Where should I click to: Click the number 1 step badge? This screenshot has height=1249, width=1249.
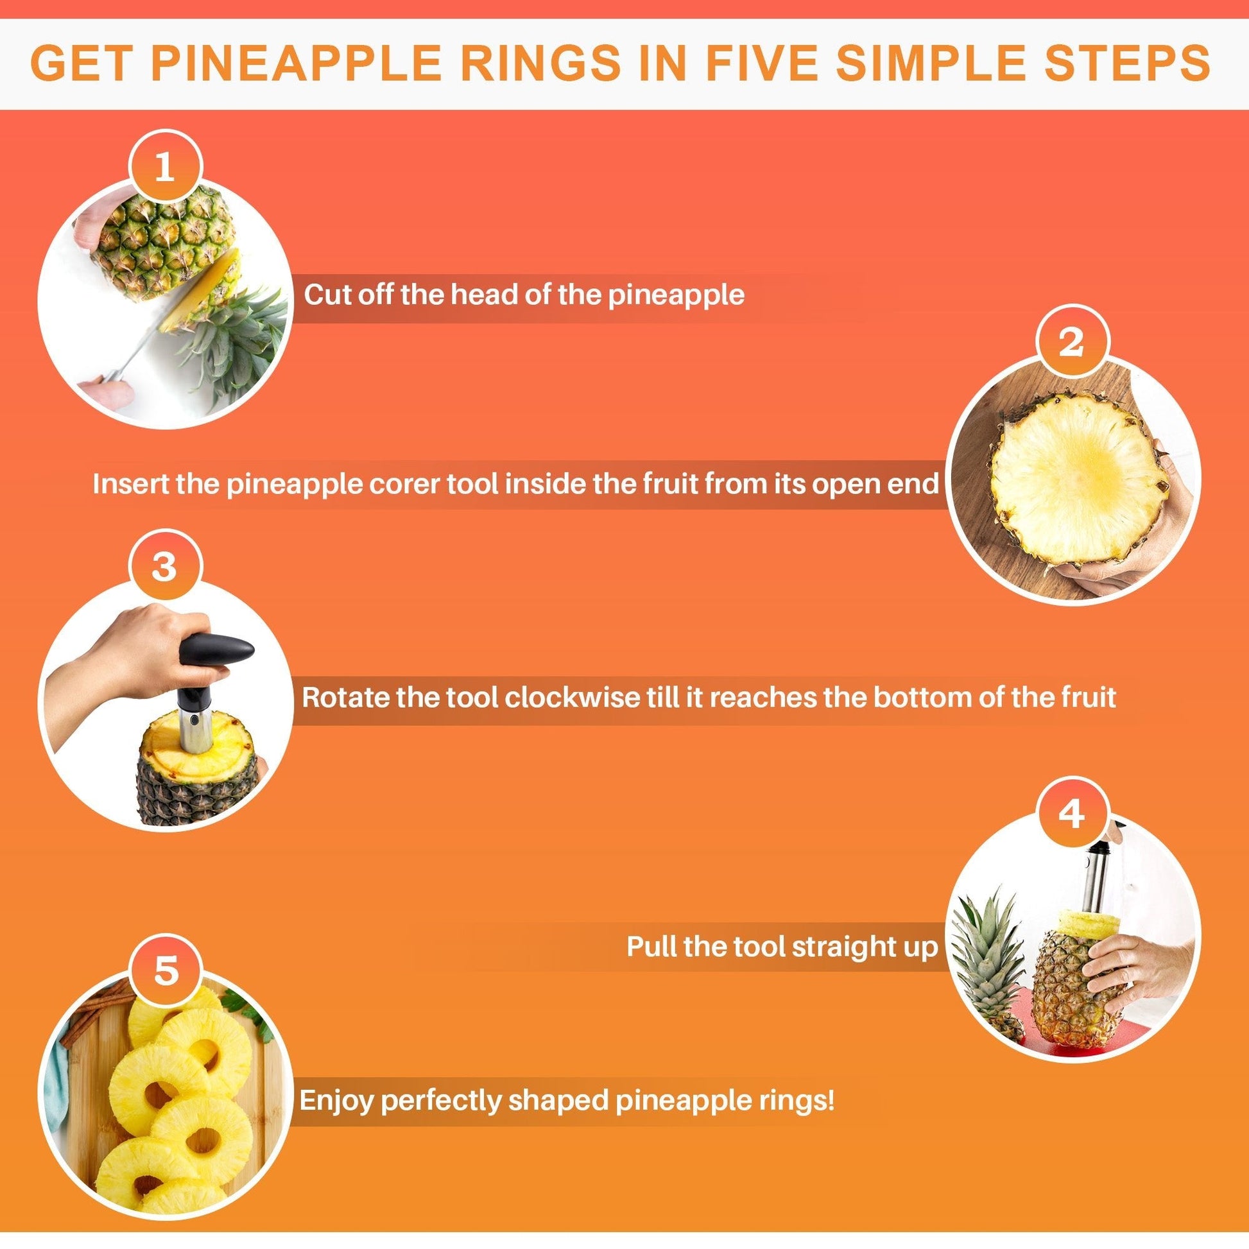coord(165,168)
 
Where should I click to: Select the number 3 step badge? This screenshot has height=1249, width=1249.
coord(165,566)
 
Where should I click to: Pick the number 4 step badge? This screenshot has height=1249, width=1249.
coord(1072,813)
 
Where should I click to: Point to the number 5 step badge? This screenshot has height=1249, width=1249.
coord(165,970)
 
